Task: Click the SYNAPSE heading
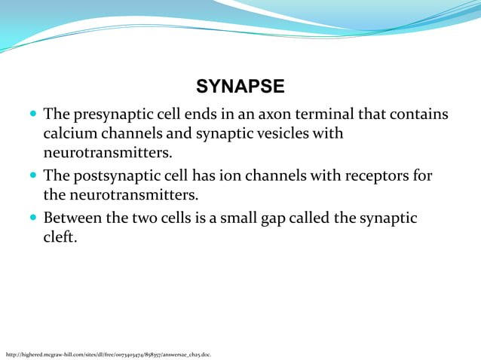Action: [240, 87]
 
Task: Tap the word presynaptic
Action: [109, 115]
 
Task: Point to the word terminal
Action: [329, 115]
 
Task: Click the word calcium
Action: [69, 134]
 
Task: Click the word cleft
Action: [58, 237]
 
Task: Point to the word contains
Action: [418, 115]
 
